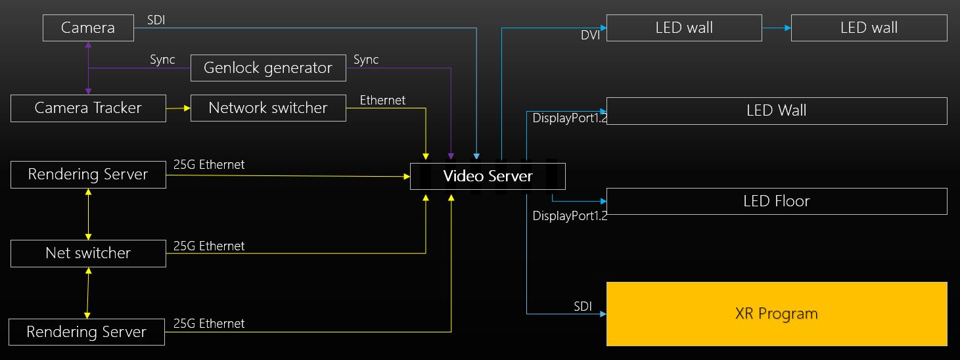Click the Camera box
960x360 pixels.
88,28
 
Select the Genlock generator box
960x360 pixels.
268,68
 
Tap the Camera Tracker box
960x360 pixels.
88,108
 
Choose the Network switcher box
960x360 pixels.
268,108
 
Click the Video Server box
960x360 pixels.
488,176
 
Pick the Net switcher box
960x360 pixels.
88,254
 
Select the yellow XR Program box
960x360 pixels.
777,314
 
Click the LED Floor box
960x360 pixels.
777,201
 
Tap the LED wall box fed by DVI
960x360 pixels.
684,28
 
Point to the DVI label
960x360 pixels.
590,35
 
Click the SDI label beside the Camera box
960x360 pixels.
156,20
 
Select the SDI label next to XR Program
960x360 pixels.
583,306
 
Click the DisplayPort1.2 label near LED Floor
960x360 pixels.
570,215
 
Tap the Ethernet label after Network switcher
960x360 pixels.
382,101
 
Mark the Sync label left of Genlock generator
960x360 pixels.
162,60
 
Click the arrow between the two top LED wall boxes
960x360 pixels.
777,28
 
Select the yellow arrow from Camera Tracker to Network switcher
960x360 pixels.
178,108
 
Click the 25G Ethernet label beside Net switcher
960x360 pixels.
209,246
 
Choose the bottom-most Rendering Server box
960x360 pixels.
87,332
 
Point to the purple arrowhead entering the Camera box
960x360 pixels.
88,45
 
